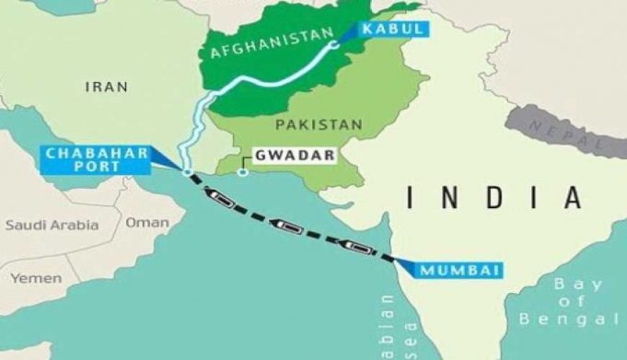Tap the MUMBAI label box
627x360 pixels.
point(459,270)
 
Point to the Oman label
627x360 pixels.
point(147,222)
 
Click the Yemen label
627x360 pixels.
point(36,276)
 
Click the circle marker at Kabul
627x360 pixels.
point(333,43)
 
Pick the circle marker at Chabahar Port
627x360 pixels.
point(188,172)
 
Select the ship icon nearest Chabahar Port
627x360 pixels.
point(222,195)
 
